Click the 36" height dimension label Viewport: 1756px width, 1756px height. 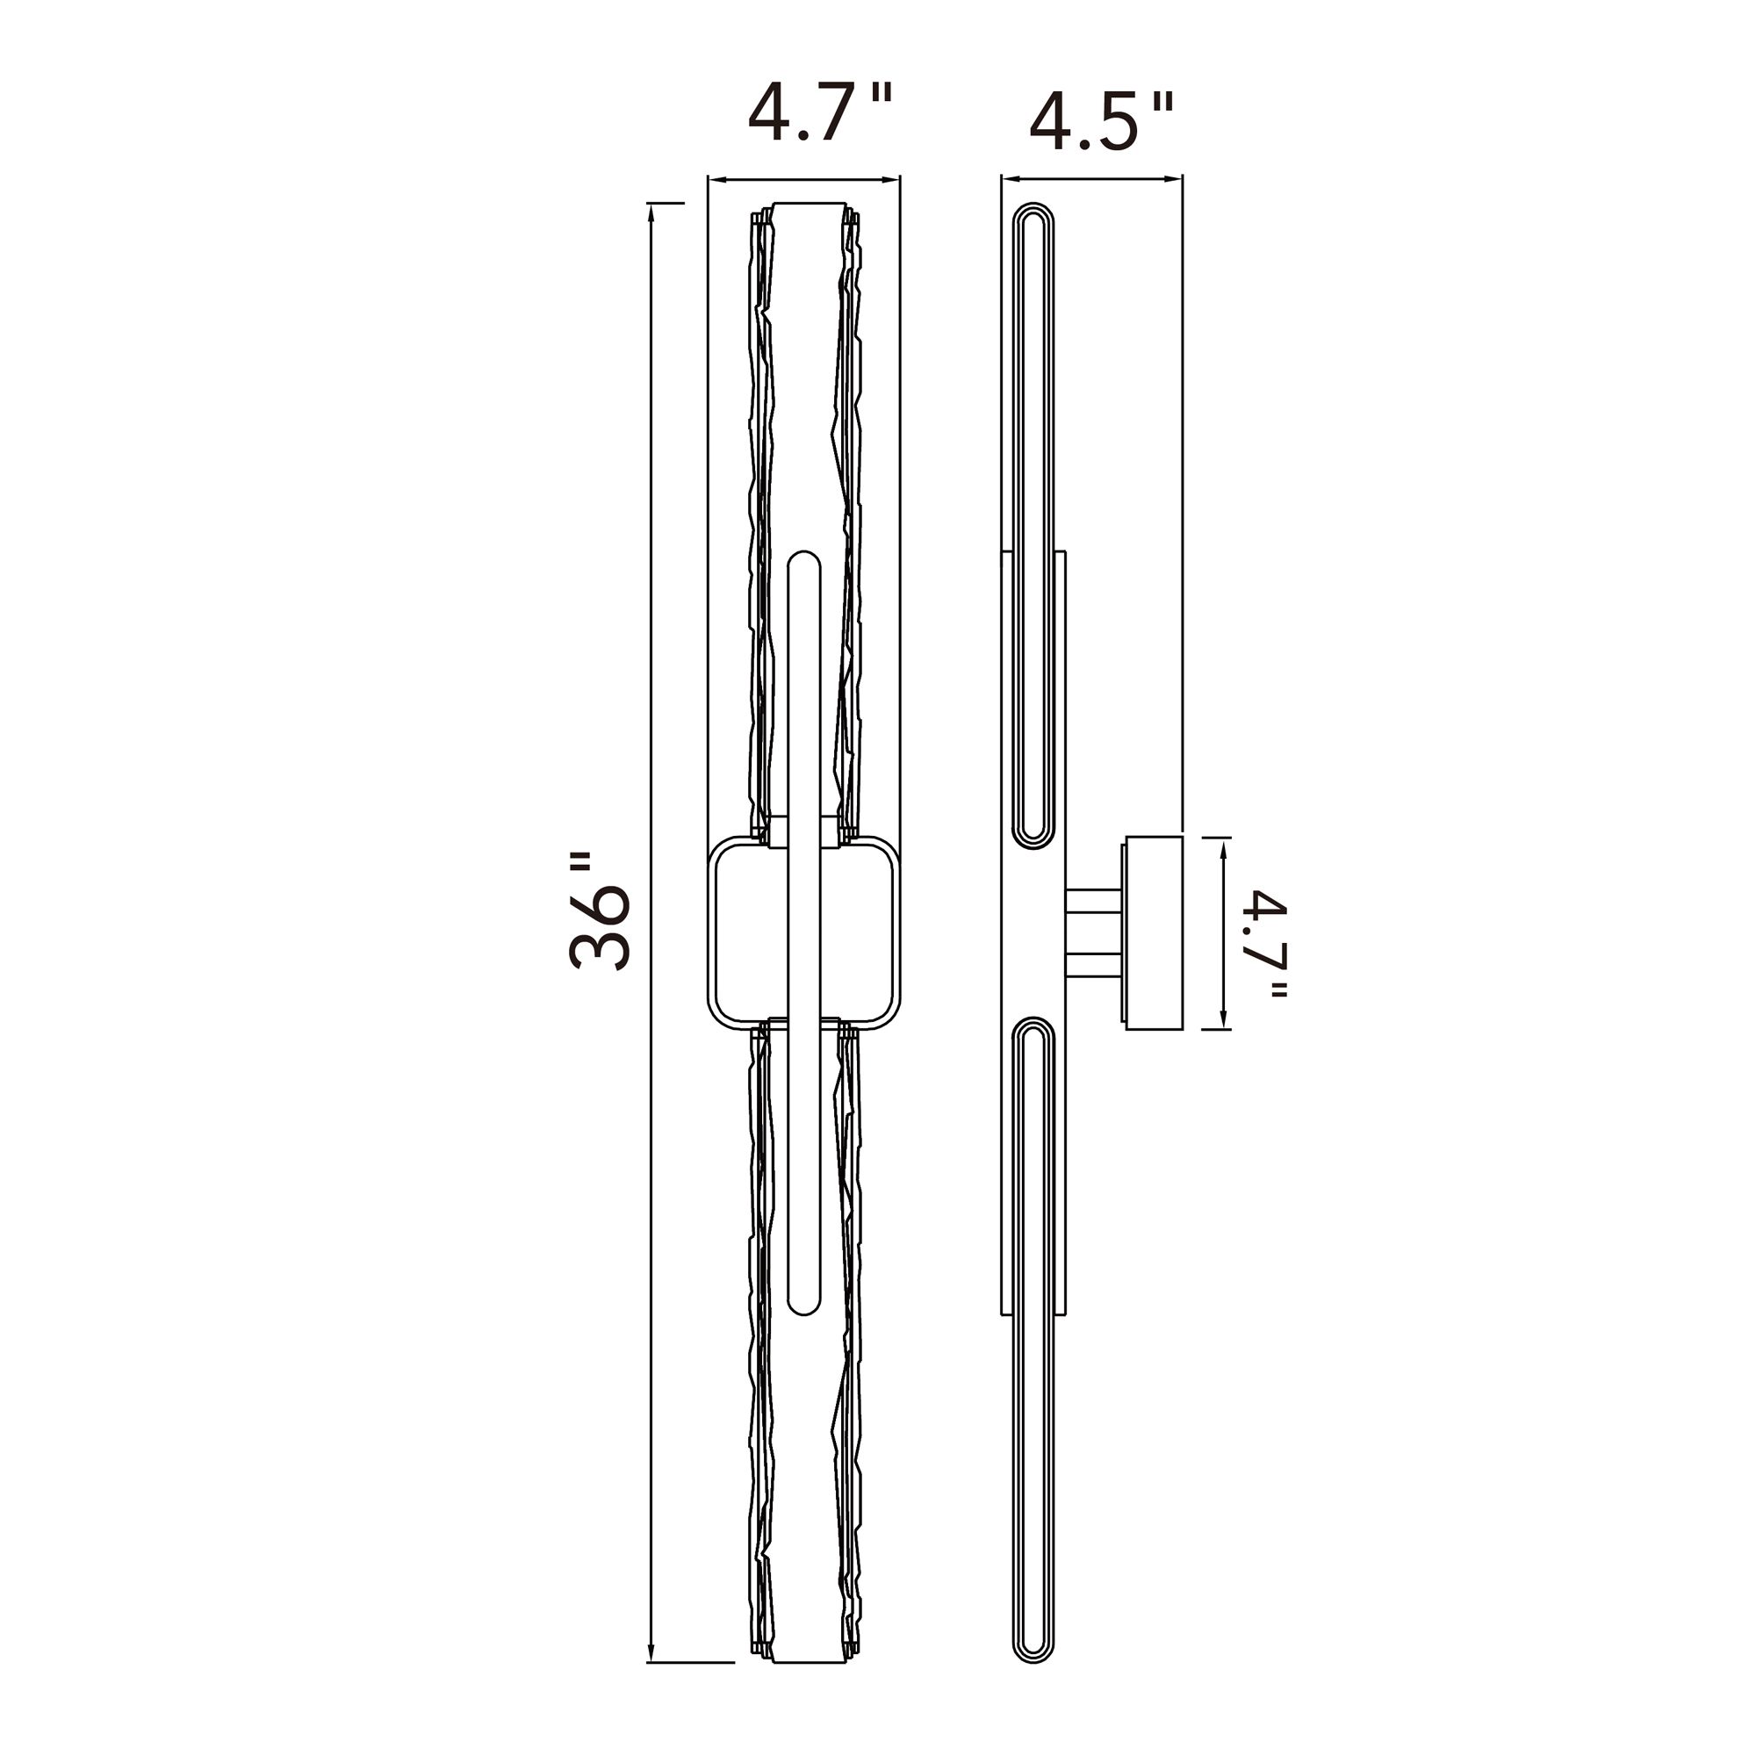coord(600,911)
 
